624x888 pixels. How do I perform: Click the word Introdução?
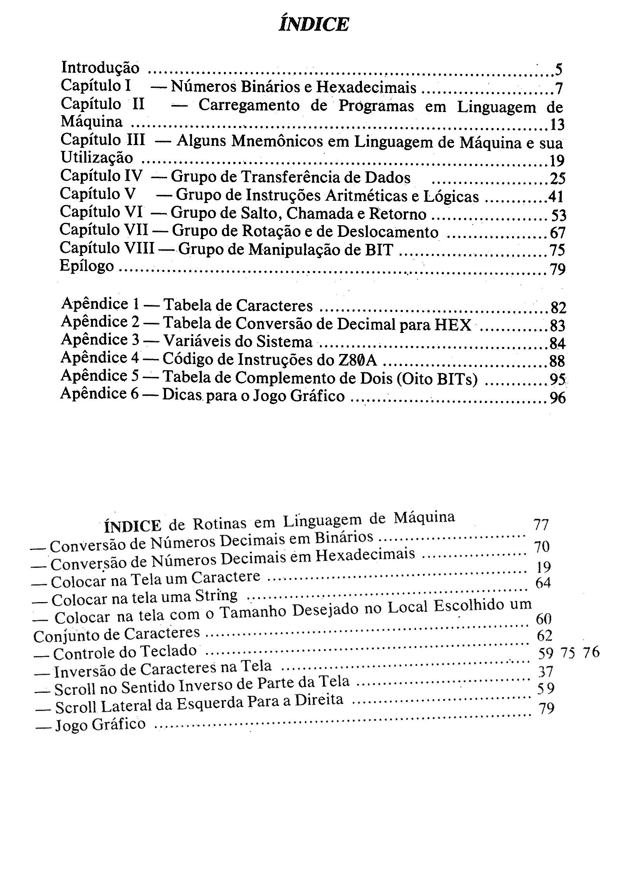tap(100, 68)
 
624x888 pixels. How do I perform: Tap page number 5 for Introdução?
tap(558, 70)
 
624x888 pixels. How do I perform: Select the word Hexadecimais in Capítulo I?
tap(366, 88)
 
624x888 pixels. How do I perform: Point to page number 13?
tap(557, 125)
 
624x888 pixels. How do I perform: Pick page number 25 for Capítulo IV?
tap(557, 179)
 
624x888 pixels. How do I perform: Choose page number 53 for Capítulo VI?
tap(558, 215)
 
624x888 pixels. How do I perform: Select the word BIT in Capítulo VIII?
tap(379, 249)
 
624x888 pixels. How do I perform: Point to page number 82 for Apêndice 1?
tap(558, 308)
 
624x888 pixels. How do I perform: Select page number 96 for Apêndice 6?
tap(558, 398)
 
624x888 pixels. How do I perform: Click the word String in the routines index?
tap(216, 596)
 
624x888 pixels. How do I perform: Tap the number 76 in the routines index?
tap(591, 652)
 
